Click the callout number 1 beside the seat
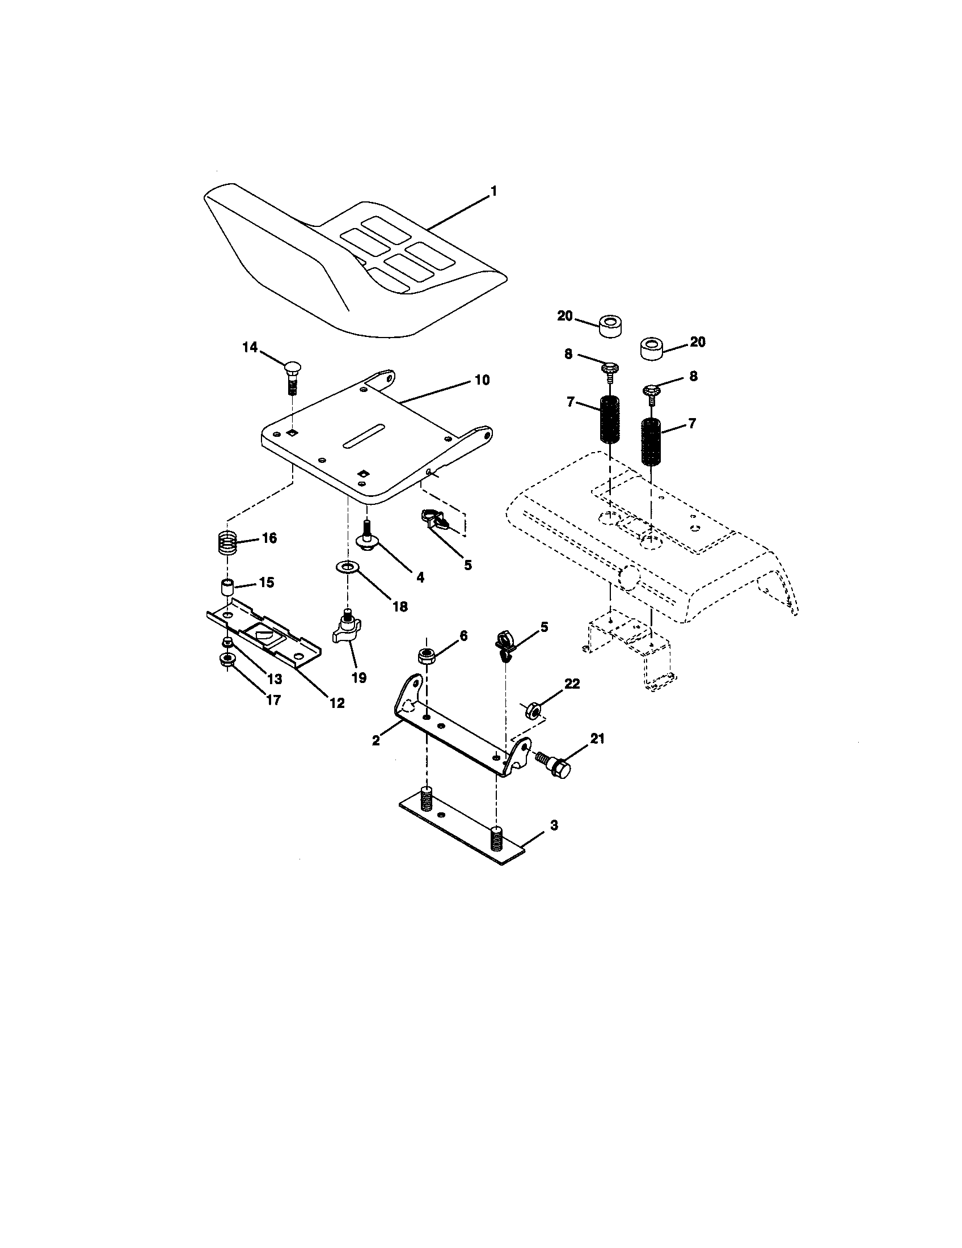tap(493, 191)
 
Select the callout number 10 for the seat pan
tap(482, 380)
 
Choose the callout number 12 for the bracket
tap(337, 703)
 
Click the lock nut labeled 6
tap(425, 656)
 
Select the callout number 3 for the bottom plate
tap(554, 825)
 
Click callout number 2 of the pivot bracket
tap(375, 740)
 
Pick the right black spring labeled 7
tap(651, 442)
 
